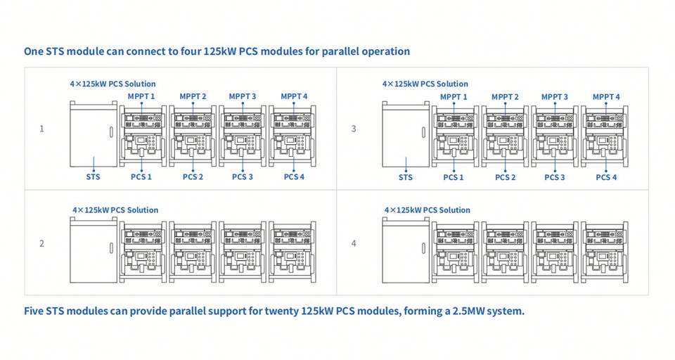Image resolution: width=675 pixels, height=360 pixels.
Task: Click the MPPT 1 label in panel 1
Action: click(x=141, y=96)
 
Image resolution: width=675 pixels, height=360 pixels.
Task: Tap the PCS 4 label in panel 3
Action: click(x=605, y=177)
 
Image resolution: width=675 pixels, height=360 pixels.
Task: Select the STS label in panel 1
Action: click(x=93, y=177)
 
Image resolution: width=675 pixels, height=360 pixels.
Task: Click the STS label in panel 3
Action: click(x=406, y=177)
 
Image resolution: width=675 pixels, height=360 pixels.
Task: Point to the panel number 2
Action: click(x=41, y=243)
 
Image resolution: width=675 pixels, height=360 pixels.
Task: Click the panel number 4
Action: click(x=354, y=243)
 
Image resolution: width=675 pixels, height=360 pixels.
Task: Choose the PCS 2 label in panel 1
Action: click(x=192, y=177)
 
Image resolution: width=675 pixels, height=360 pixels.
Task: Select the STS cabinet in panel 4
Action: click(x=406, y=250)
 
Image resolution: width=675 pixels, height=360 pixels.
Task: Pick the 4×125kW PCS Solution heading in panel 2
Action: click(x=115, y=210)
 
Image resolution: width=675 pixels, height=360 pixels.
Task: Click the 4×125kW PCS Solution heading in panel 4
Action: click(x=427, y=210)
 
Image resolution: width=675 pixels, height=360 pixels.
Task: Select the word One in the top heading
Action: click(x=34, y=51)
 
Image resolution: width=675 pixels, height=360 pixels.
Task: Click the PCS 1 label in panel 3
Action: click(x=454, y=177)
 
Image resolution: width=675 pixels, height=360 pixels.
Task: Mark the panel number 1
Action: click(x=41, y=129)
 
